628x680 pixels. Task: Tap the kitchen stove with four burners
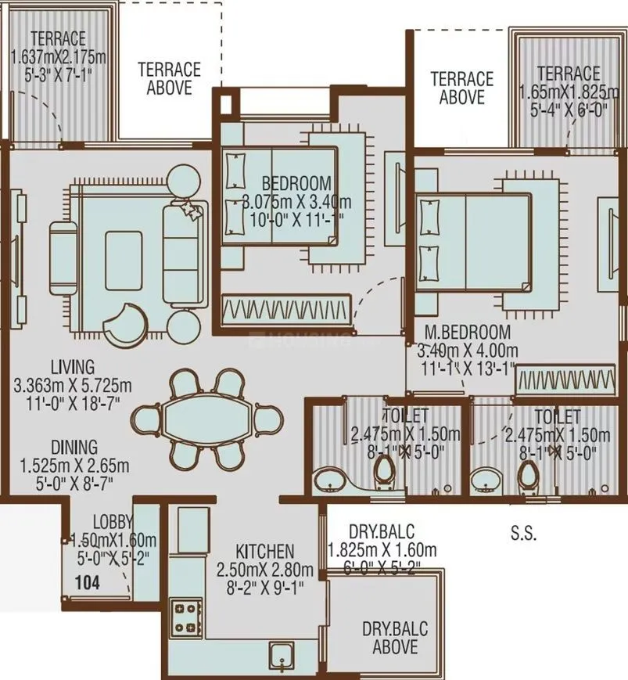(x=186, y=616)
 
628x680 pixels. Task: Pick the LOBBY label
(x=113, y=523)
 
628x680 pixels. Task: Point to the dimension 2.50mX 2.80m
(x=266, y=569)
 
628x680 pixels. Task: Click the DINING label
(x=74, y=447)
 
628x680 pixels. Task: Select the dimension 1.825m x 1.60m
(x=382, y=549)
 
